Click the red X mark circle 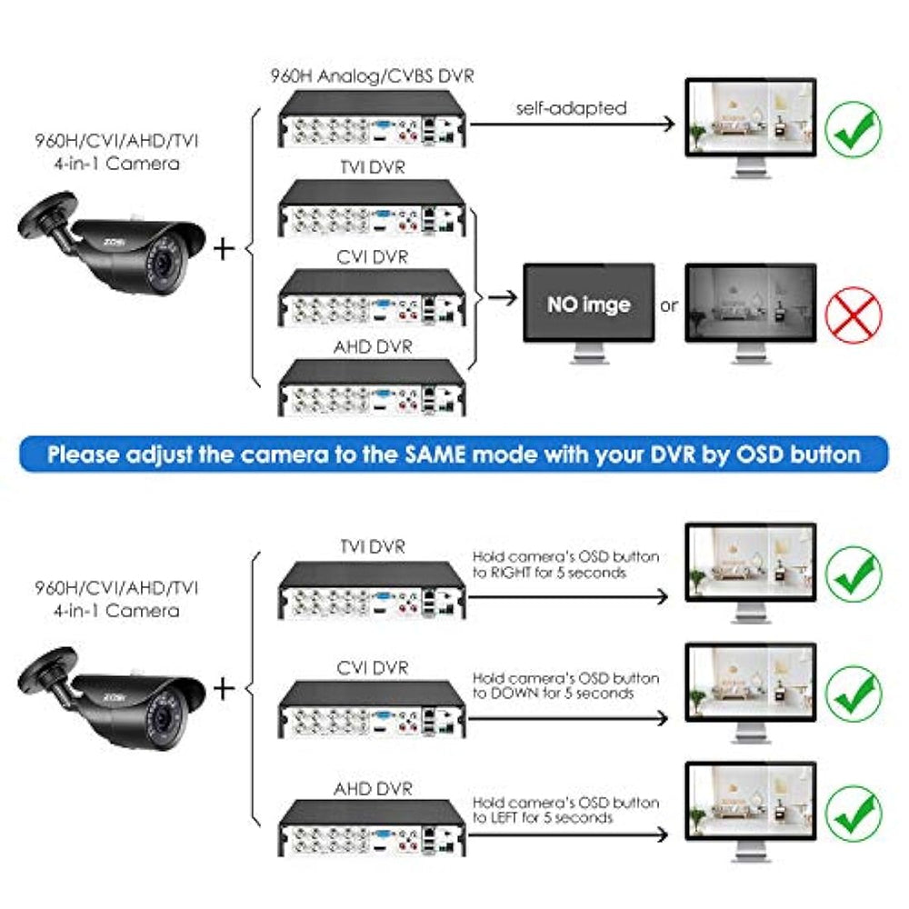[x=854, y=315]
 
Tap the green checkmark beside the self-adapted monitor [x=854, y=129]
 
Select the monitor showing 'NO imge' [x=589, y=313]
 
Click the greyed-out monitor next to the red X [x=751, y=313]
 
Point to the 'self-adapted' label [x=571, y=108]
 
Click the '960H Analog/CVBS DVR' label [x=372, y=76]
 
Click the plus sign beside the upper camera [x=224, y=249]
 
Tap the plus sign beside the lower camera [x=224, y=689]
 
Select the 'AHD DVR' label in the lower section [x=373, y=788]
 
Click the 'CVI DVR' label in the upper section [x=372, y=257]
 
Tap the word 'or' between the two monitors [x=669, y=305]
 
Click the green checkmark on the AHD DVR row [x=854, y=813]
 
